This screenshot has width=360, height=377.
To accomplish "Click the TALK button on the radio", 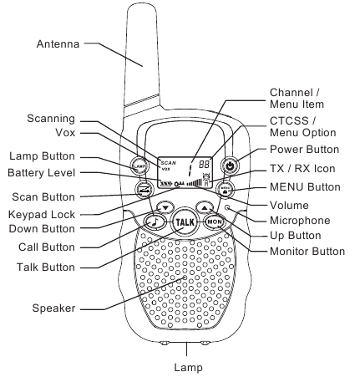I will [185, 223].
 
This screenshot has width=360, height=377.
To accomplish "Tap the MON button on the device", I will [214, 222].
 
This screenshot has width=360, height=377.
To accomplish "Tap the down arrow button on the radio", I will [166, 206].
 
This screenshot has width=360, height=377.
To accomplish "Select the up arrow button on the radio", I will [204, 206].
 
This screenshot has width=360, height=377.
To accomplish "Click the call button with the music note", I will [155, 222].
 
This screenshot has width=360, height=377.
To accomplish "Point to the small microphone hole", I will [226, 206].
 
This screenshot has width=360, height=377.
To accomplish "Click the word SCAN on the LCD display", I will [169, 162].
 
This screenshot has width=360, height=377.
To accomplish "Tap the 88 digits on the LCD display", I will [199, 166].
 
